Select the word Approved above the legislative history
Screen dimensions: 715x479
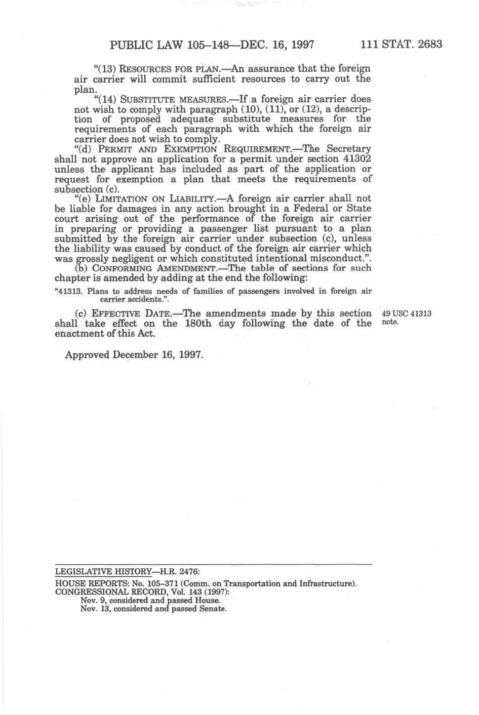87,355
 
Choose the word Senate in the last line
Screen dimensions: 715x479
213,609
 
